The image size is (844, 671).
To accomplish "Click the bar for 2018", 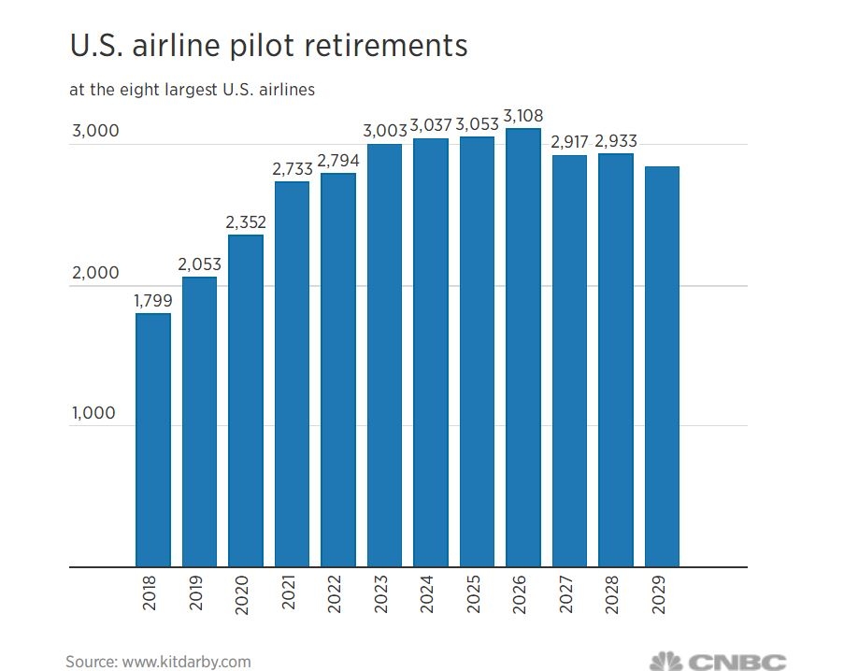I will [x=153, y=439].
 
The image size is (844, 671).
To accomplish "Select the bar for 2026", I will [x=522, y=347].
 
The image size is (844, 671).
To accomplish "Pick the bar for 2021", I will [x=292, y=374].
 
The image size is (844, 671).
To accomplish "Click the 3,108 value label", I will [x=522, y=116].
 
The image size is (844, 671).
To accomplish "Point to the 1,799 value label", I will [x=153, y=301].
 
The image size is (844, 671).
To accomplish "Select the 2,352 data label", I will [x=246, y=222].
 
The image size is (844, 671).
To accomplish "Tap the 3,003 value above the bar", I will [x=384, y=132].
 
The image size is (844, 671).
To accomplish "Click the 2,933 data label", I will [x=615, y=141].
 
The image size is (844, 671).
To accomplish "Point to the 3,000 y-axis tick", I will [x=95, y=131].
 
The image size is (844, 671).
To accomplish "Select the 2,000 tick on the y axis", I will [x=95, y=273].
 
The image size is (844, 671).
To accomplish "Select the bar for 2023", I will [x=384, y=355].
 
